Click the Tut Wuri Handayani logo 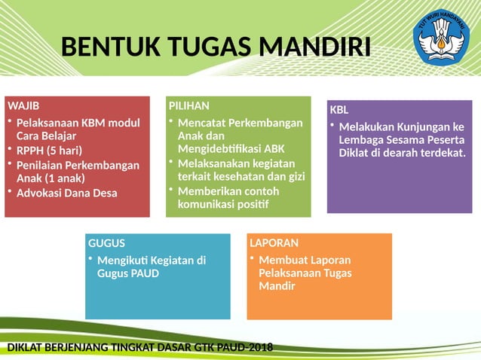tap(443, 37)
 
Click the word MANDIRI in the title tap(314, 47)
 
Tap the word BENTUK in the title tap(105, 47)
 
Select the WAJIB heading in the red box tap(23, 105)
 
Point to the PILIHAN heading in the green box tap(189, 105)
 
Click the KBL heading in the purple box tap(339, 110)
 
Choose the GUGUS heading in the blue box tap(107, 243)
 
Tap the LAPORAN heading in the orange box tap(274, 243)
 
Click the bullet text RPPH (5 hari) tap(49, 150)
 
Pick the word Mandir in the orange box tap(276, 286)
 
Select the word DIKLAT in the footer tap(24, 347)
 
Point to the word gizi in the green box tap(295, 176)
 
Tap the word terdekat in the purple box tap(441, 153)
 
